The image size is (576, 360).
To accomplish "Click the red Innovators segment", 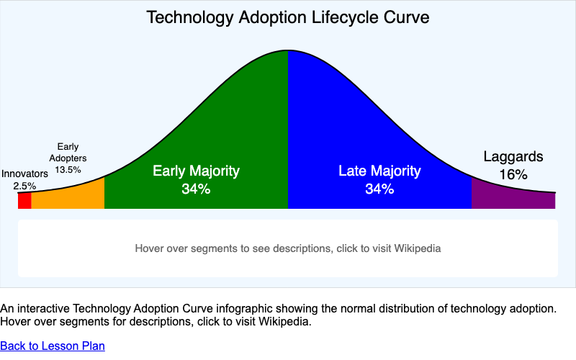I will (x=24, y=201).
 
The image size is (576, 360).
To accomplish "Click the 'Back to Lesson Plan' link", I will (x=53, y=346).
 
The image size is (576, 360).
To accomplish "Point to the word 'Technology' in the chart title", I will (x=183, y=17).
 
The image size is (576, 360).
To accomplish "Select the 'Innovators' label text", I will (x=24, y=174).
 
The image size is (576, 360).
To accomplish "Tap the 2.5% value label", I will (x=24, y=186).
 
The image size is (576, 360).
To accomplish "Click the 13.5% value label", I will (x=68, y=170).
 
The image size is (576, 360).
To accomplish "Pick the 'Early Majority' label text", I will (x=196, y=171).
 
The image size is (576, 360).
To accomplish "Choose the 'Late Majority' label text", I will (x=379, y=171).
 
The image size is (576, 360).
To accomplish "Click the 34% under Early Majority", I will (x=196, y=189).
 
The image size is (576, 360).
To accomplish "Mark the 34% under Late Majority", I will (x=379, y=189).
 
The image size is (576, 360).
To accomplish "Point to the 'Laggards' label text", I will (x=513, y=156).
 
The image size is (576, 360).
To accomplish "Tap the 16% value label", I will (x=513, y=174).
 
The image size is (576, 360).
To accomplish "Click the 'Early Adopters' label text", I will (x=68, y=153).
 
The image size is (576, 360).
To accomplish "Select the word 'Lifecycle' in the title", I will (x=348, y=17).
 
